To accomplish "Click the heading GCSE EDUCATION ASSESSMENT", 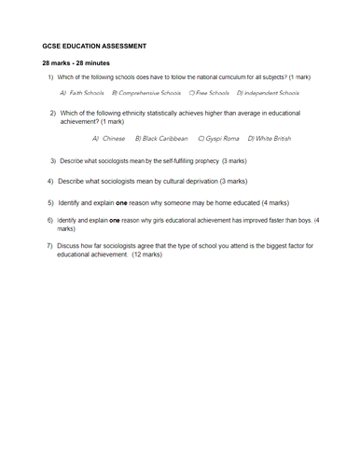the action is coord(93,45).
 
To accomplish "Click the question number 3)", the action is coord(52,160).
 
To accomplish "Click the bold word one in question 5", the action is coord(121,201).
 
